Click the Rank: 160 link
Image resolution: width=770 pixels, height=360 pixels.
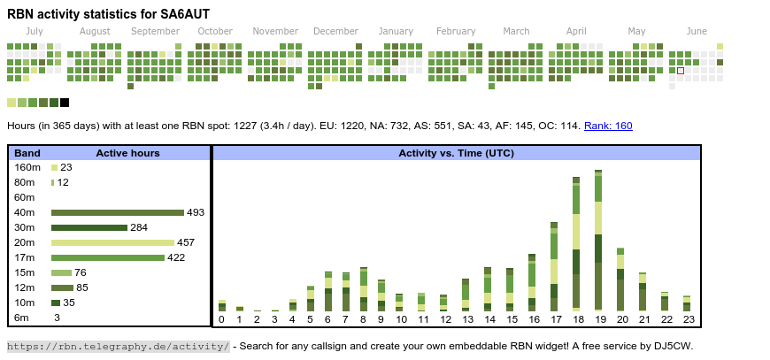tap(608, 126)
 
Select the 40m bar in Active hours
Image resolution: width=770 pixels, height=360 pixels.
tap(118, 213)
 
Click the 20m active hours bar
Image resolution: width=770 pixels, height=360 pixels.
tap(112, 242)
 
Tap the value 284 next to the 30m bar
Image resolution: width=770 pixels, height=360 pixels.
tap(139, 227)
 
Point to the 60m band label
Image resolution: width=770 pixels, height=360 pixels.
tap(25, 197)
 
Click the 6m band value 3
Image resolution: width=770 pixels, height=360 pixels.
tap(57, 318)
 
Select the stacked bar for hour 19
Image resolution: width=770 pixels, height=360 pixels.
tap(598, 241)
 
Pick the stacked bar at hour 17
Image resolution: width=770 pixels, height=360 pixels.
tap(554, 267)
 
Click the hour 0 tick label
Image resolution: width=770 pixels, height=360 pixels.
tap(221, 320)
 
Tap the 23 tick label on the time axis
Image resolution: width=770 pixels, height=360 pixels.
tap(689, 320)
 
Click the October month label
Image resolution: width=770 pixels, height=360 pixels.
tap(215, 31)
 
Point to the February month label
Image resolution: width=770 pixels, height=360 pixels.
tap(456, 31)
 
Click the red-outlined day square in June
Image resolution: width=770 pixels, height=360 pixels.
tap(680, 71)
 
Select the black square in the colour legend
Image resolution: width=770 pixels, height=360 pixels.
tap(65, 103)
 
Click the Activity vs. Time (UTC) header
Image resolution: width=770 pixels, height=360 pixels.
tap(456, 153)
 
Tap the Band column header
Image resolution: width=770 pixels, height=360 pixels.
tap(27, 153)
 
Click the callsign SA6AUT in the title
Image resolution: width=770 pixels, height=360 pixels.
tap(185, 14)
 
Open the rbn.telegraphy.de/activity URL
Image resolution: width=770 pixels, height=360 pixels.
tap(119, 346)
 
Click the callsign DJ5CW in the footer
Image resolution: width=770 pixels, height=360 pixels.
tap(674, 346)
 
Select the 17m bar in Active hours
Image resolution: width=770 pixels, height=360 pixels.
tap(108, 258)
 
